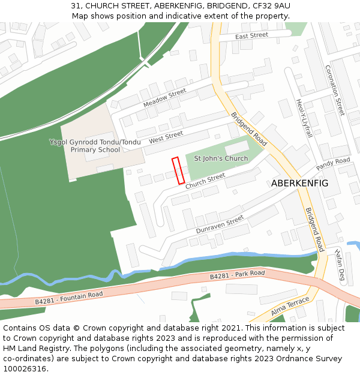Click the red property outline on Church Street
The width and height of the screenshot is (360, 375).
point(178,171)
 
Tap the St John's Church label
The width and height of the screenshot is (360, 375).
point(221,158)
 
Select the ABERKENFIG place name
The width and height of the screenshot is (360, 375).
point(299,183)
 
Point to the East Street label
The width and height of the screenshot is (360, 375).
point(251,36)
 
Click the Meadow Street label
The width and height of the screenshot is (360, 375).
point(165,98)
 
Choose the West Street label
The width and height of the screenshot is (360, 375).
point(166,137)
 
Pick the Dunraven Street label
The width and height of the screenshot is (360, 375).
point(220,224)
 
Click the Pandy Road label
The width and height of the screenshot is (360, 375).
point(333,164)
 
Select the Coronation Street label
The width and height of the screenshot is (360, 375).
point(335,90)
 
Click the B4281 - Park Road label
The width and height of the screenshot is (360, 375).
point(237,275)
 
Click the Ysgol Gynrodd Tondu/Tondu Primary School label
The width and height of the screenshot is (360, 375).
point(95,146)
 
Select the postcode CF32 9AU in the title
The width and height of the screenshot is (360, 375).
point(270,5)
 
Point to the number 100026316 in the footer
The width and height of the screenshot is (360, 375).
point(25,368)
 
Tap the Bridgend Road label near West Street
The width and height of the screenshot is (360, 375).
point(249,129)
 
